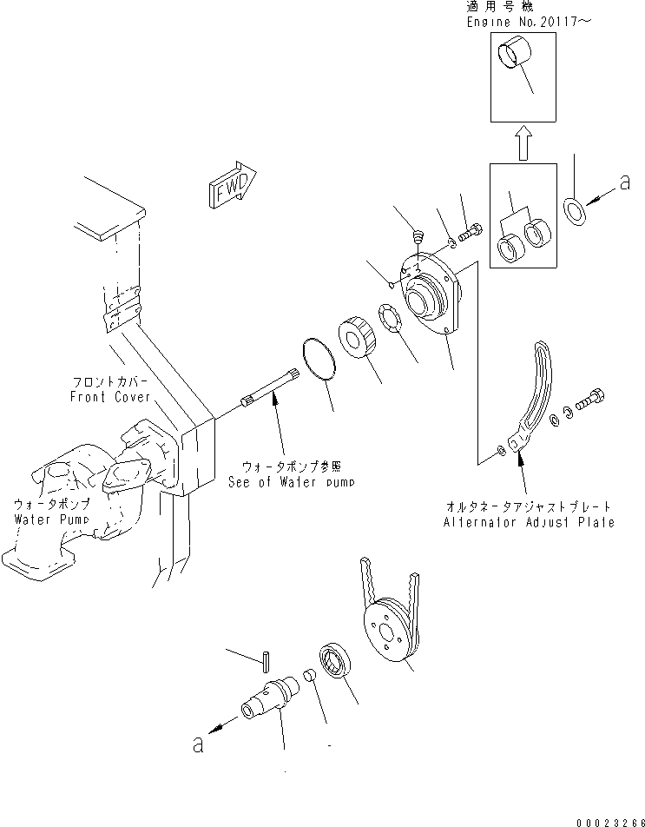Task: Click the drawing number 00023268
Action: [x=609, y=818]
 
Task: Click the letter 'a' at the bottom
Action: [x=198, y=745]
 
